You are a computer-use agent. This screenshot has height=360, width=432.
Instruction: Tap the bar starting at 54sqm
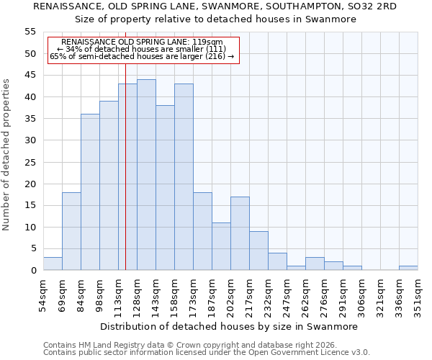click(x=53, y=264)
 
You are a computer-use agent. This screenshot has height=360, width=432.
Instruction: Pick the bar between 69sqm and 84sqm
click(x=71, y=231)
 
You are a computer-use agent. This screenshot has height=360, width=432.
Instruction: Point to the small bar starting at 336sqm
click(x=408, y=268)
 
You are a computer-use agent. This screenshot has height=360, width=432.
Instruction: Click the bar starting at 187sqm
click(x=221, y=246)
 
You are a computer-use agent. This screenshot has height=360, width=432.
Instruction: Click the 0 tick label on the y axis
click(x=32, y=271)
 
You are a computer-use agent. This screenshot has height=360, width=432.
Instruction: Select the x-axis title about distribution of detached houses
click(x=229, y=326)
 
